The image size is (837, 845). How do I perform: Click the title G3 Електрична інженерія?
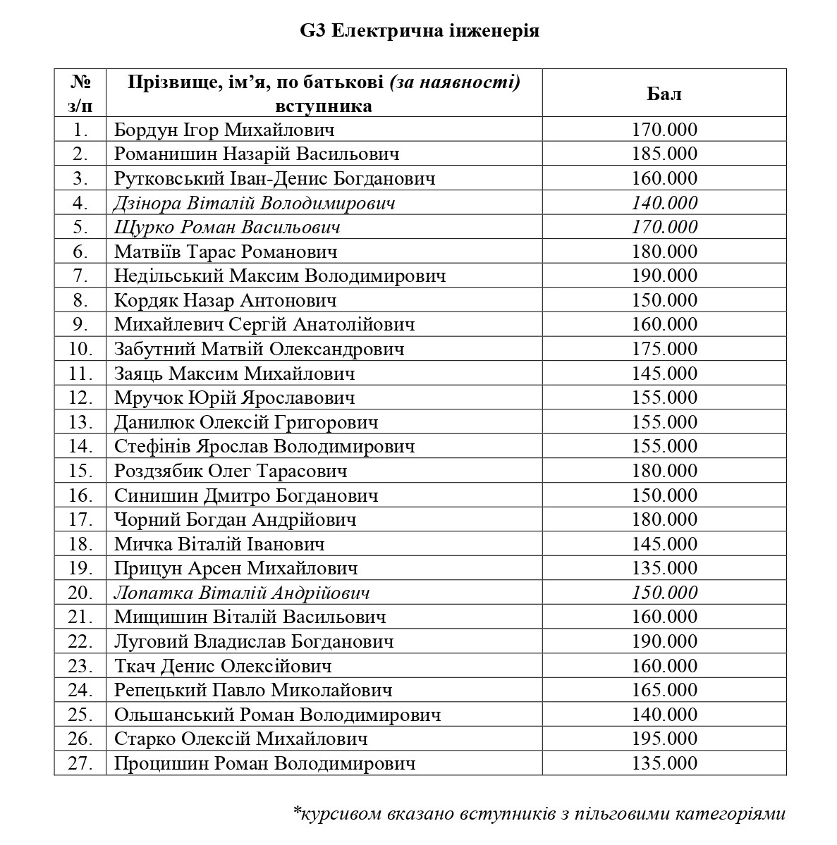[420, 32]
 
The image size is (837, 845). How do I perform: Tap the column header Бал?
[664, 94]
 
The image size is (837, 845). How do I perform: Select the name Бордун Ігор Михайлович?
[224, 130]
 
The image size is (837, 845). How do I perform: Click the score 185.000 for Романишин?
[664, 154]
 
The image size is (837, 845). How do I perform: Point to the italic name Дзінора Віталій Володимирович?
[254, 203]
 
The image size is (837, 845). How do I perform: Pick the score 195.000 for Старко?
[664, 739]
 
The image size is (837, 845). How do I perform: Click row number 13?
[81, 422]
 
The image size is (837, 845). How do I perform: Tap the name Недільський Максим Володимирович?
[280, 276]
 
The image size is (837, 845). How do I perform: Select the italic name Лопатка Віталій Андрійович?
[242, 593]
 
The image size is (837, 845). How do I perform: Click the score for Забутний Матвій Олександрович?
[664, 349]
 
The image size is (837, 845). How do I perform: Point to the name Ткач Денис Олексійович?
[222, 666]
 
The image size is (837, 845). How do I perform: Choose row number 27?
[81, 763]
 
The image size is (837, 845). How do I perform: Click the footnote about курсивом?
[539, 814]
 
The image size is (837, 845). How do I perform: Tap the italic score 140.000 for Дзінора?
[664, 203]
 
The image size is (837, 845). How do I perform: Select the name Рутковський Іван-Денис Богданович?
[274, 178]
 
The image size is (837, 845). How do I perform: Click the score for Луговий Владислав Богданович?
[664, 641]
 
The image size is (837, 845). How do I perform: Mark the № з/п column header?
[80, 94]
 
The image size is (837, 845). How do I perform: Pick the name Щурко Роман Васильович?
[227, 227]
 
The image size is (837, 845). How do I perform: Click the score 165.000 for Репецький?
[664, 690]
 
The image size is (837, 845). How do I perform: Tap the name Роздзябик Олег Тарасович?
[231, 471]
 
